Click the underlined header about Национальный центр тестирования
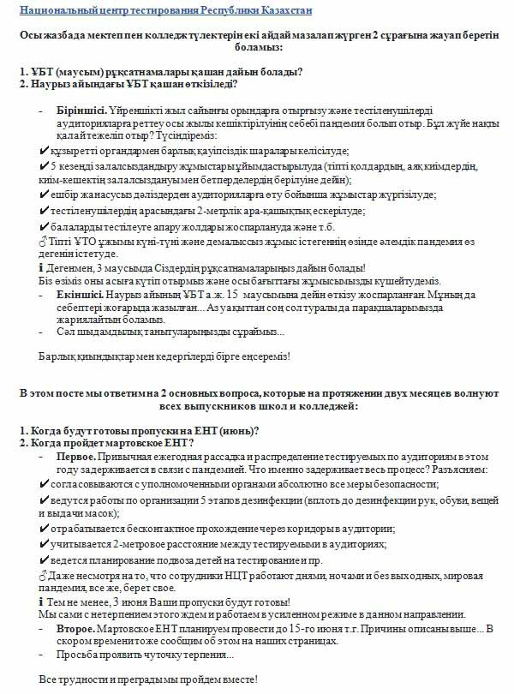[x=165, y=10]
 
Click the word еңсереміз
[x=264, y=355]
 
